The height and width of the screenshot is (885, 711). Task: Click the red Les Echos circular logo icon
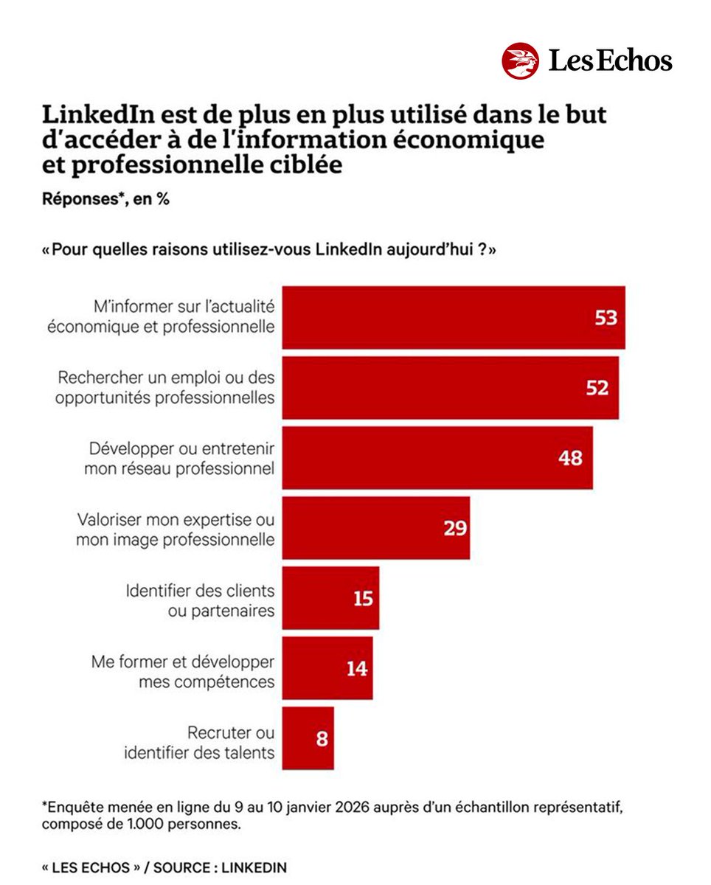[x=521, y=60]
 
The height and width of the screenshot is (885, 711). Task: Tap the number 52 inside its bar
[x=597, y=388]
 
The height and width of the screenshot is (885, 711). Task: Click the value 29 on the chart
[x=455, y=528]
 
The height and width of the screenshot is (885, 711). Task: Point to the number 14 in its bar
[x=356, y=668]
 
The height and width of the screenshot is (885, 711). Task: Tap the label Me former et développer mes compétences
[x=183, y=671]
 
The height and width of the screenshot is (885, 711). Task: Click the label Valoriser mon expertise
[x=176, y=529]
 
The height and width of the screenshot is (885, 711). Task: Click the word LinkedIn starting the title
[x=94, y=117]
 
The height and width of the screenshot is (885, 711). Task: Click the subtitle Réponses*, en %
[x=105, y=199]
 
